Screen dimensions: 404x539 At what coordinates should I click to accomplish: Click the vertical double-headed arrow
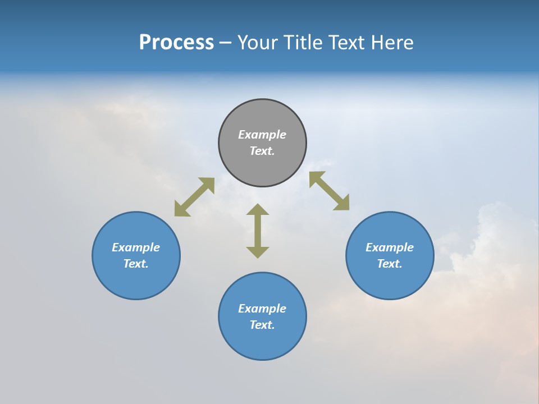click(x=258, y=231)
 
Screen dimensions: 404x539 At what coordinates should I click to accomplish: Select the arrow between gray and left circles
click(x=194, y=197)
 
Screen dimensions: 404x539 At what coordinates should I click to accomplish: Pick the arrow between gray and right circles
click(x=329, y=191)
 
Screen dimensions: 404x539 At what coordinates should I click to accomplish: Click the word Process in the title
click(x=176, y=43)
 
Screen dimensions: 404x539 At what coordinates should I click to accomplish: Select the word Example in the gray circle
click(x=262, y=135)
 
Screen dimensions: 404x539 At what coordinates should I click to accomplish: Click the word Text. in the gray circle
click(x=262, y=151)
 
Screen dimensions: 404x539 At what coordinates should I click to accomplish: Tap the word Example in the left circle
click(x=136, y=247)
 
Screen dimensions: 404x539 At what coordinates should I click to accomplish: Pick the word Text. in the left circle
click(x=136, y=264)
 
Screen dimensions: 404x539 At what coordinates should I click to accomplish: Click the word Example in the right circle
click(x=390, y=247)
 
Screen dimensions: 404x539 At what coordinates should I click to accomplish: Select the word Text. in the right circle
click(x=390, y=264)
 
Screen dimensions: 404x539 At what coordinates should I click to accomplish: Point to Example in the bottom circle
click(x=262, y=309)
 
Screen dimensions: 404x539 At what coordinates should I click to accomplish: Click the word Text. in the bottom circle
click(x=262, y=325)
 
